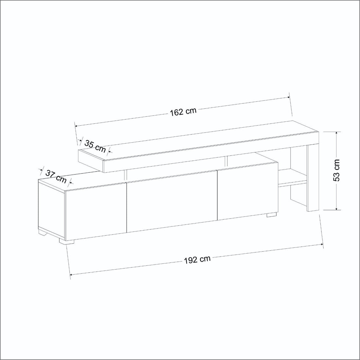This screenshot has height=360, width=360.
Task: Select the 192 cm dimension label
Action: coord(197,260)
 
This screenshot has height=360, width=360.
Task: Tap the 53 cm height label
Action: coord(336,170)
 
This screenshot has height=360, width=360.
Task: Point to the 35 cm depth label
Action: coord(95,146)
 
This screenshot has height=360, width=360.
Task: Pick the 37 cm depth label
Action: coord(56,176)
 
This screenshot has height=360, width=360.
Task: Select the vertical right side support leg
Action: coord(313,178)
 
